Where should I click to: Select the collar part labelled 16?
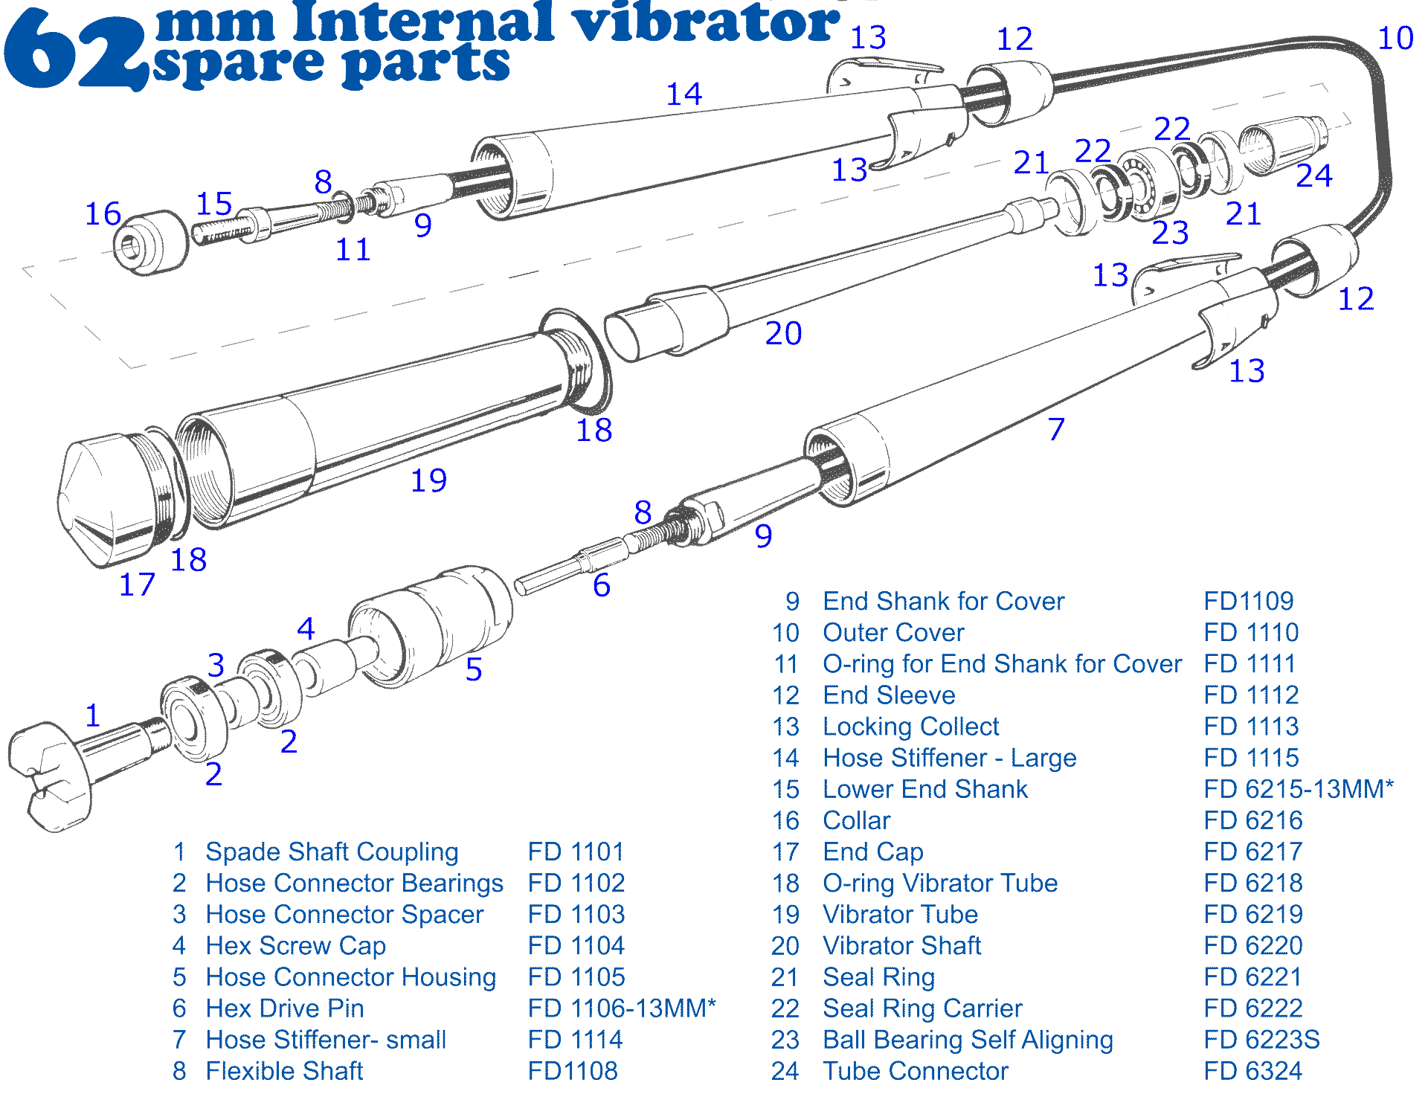pos(149,242)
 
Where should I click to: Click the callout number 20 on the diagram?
pos(783,333)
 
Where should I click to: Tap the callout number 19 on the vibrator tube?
pos(428,480)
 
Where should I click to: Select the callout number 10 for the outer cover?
pos(1395,38)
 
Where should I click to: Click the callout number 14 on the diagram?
pos(684,94)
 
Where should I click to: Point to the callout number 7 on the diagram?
pos(1056,429)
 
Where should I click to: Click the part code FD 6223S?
pos(1261,1040)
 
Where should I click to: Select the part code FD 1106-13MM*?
pos(621,1008)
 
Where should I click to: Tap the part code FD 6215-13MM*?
pos(1299,789)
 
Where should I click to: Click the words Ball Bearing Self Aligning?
pos(968,1040)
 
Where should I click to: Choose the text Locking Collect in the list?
pos(910,727)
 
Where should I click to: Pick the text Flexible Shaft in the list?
pos(284,1071)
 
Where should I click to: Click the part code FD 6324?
pos(1253,1071)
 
